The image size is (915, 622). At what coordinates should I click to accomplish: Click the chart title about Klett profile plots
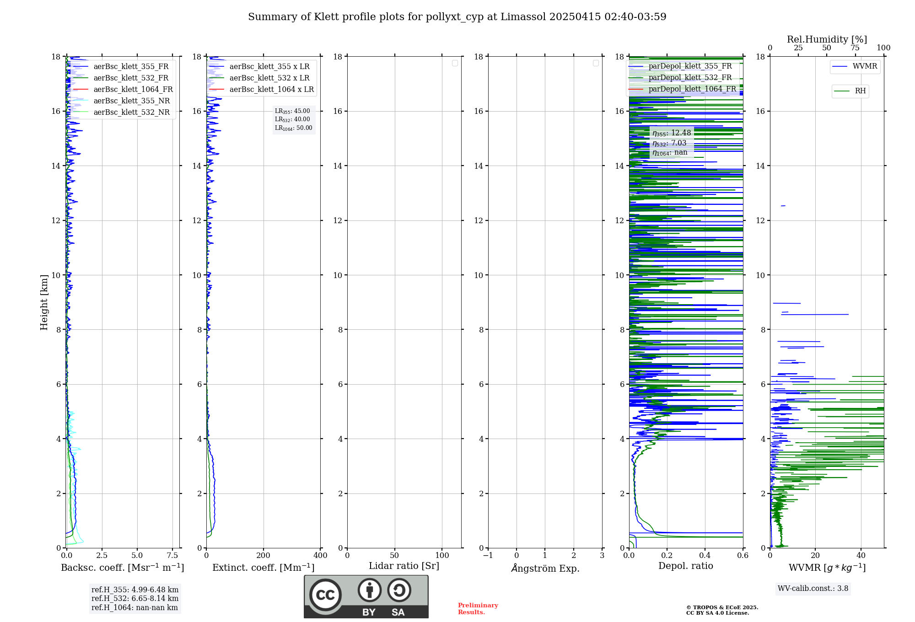tap(457, 17)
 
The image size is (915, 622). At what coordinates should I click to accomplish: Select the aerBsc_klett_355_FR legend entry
tap(131, 67)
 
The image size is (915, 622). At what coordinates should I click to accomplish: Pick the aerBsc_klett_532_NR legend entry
tap(131, 113)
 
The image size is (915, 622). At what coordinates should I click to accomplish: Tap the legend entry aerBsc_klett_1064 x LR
tap(271, 90)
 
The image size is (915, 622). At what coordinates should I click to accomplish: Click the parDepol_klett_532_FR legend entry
tap(690, 78)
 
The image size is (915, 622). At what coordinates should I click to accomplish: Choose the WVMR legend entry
tap(865, 66)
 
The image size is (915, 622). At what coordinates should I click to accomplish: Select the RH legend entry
tap(860, 91)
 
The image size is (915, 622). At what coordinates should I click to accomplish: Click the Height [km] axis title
tap(44, 302)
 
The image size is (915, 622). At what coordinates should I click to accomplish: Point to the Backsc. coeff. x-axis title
tap(122, 568)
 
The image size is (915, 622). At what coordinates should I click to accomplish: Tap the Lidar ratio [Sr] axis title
tap(404, 566)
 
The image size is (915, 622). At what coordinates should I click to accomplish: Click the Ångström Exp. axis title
tap(545, 568)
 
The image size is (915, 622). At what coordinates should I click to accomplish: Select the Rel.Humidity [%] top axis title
tap(827, 39)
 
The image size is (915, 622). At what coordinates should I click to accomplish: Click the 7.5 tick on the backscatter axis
tap(172, 556)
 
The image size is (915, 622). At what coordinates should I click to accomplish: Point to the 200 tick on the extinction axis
tap(264, 556)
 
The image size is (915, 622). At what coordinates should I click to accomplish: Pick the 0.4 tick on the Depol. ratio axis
tap(705, 556)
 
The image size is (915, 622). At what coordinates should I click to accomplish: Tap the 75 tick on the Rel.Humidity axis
tap(855, 48)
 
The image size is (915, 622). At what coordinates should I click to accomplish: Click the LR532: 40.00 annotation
tap(292, 119)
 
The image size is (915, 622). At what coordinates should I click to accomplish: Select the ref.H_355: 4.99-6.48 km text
tap(135, 590)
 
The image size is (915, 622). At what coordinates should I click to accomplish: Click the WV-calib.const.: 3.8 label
tap(813, 589)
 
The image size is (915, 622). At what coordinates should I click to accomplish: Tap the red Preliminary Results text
tap(478, 609)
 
